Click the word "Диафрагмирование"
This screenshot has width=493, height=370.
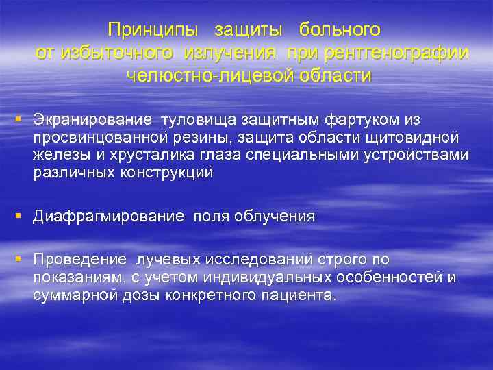tap(109, 217)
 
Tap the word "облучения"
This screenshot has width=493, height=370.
tap(275, 217)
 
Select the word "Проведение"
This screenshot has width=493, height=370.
tap(80, 260)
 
